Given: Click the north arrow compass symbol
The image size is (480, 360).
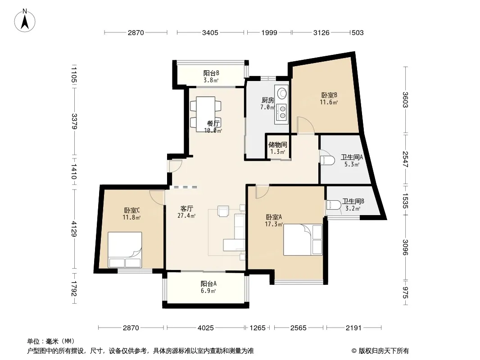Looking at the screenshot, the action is click(x=25, y=21).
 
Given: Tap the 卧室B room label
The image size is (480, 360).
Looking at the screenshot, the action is click(x=329, y=95).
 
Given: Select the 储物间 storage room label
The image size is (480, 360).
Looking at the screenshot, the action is click(x=278, y=144).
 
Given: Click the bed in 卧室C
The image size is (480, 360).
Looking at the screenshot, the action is click(x=125, y=250).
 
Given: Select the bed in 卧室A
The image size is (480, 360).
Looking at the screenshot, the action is click(x=303, y=239).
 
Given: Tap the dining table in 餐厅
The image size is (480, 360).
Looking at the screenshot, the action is click(x=205, y=114).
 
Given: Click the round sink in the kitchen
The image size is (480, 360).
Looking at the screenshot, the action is click(x=281, y=92).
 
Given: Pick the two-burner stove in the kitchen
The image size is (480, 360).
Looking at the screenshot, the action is click(x=281, y=112).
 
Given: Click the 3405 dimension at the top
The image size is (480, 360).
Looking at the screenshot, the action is click(x=210, y=33).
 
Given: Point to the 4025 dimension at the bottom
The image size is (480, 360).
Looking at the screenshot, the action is click(x=205, y=328).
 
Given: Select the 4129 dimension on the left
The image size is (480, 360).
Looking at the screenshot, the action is click(x=74, y=229).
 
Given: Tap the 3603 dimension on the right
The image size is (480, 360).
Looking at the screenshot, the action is click(x=405, y=100).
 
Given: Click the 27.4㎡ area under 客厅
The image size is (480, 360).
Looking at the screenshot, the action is click(x=186, y=216).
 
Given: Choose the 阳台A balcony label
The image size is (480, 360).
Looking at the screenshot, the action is click(x=208, y=284).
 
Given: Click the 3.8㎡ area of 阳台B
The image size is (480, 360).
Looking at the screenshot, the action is click(x=211, y=81).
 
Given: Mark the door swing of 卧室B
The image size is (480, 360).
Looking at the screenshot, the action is click(x=306, y=125).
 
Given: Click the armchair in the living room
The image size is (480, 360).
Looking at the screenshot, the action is click(x=223, y=211).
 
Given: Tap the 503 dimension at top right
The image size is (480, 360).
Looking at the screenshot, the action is click(x=358, y=33).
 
